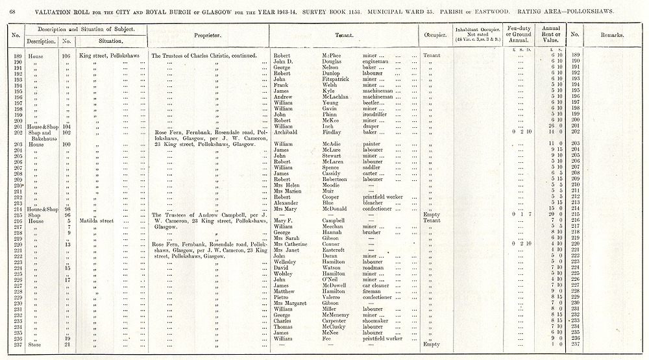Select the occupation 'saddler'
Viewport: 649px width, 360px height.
click(372, 167)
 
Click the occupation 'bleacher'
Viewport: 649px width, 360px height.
click(374, 202)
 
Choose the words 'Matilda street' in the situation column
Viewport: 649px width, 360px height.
click(97, 221)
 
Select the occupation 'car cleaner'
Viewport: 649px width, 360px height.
click(376, 285)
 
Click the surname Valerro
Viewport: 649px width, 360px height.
click(333, 297)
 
